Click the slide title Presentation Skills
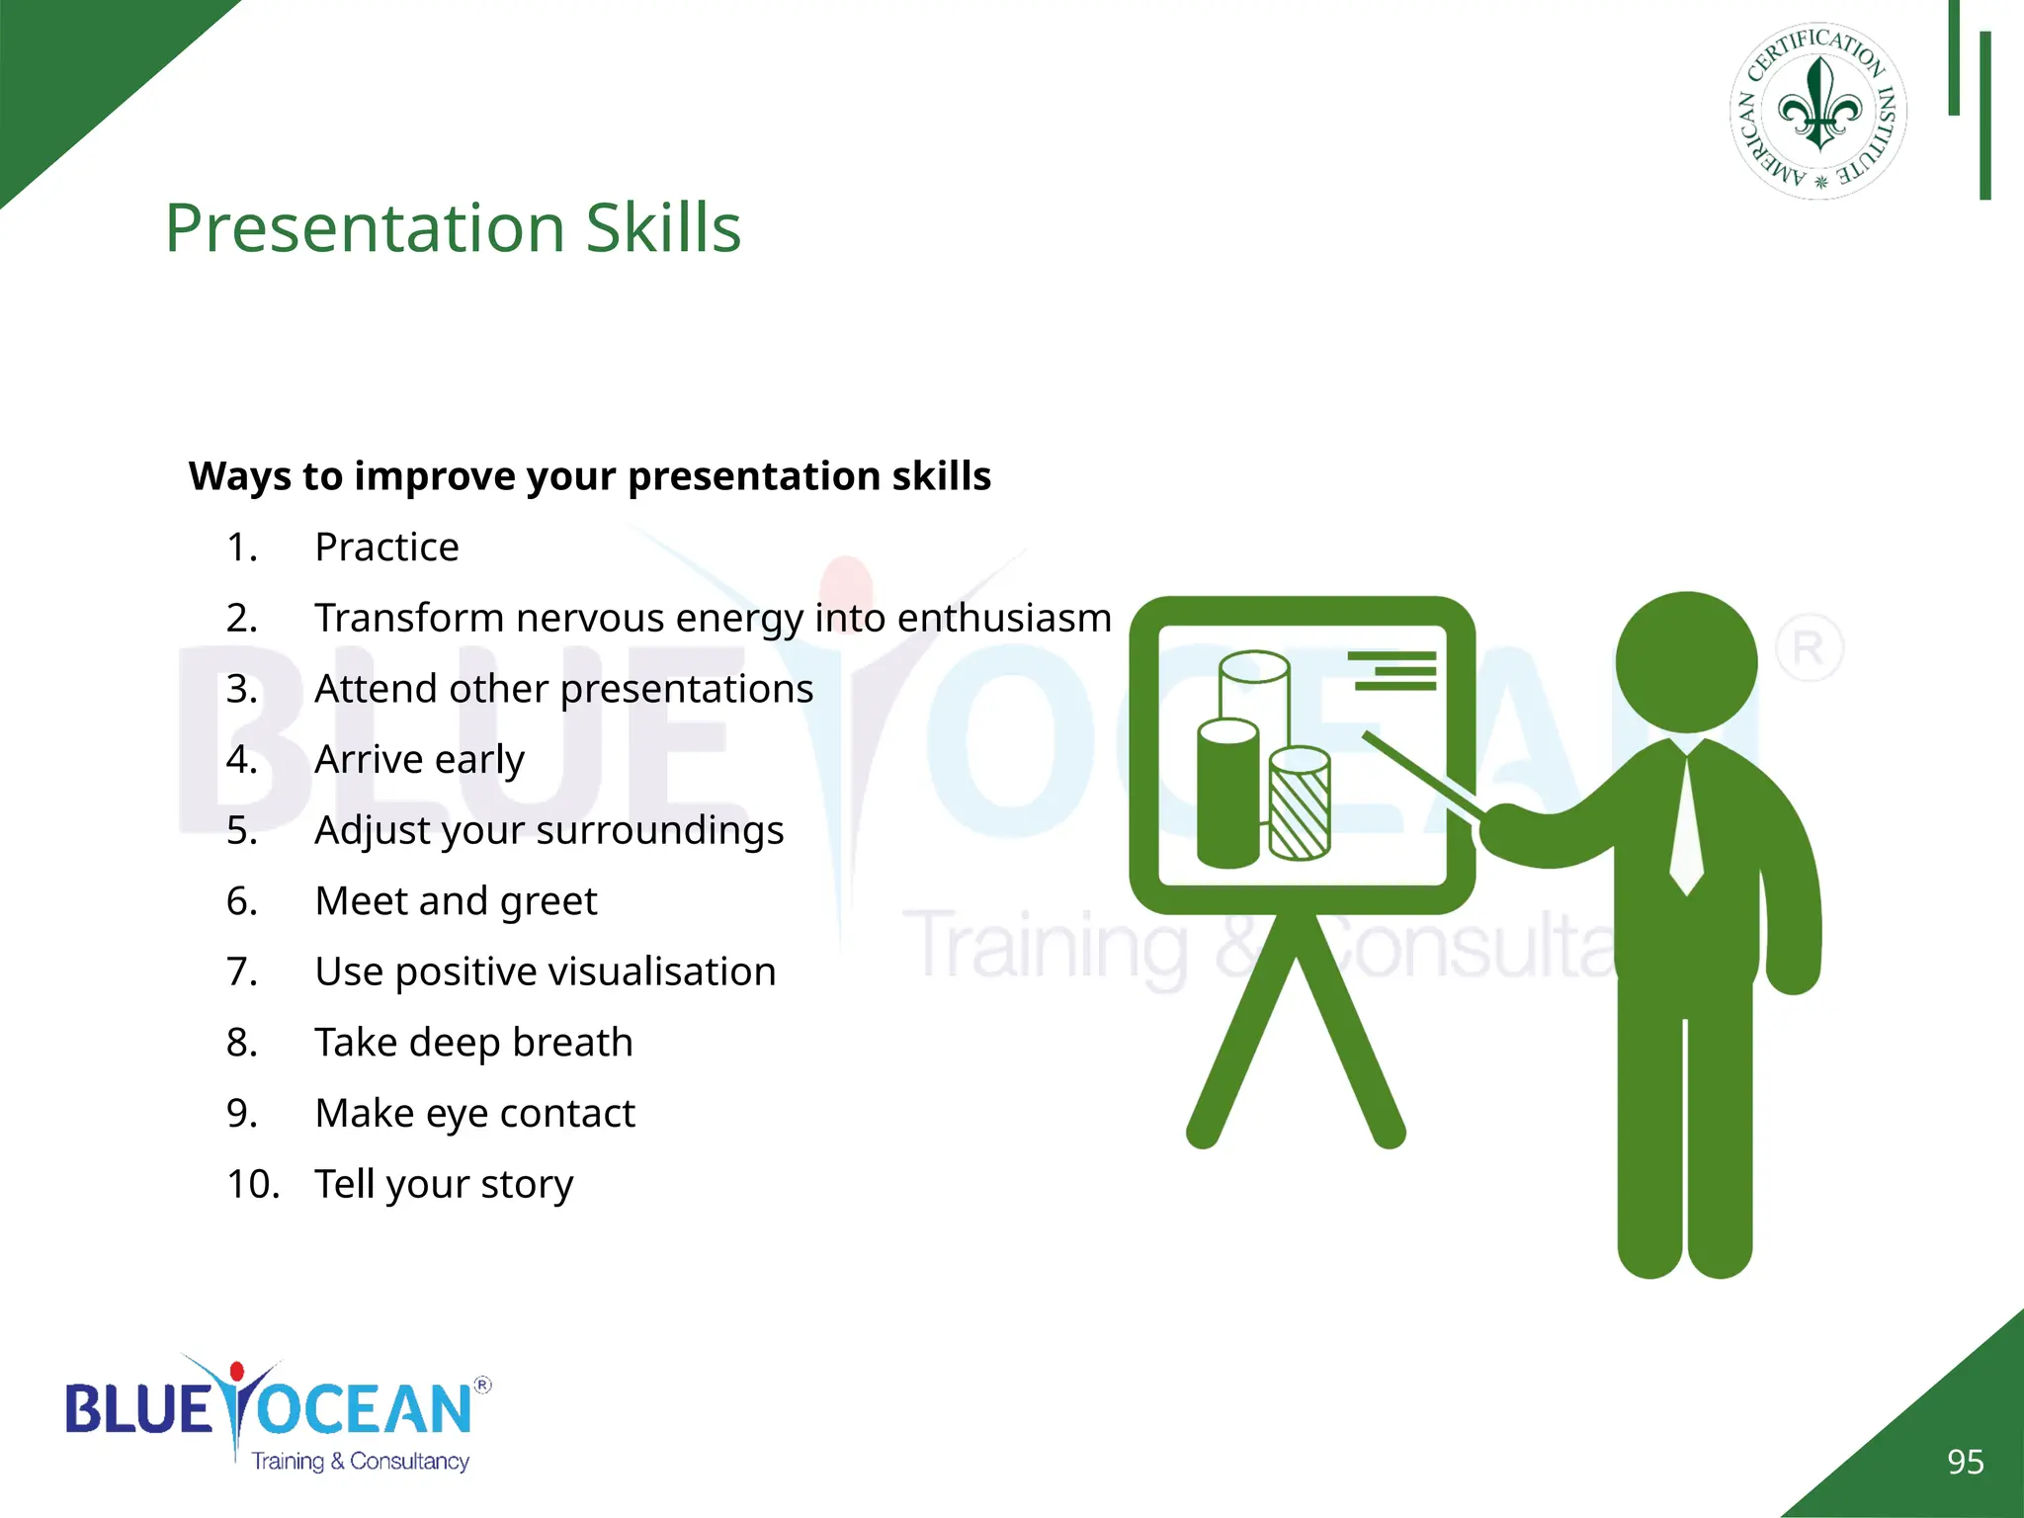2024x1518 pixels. tap(453, 228)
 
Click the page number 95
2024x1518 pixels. tap(1965, 1462)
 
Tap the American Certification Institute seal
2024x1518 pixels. tap(1818, 111)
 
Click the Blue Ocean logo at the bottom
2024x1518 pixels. tap(277, 1413)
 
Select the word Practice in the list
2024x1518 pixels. tap(386, 548)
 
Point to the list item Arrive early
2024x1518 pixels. tap(419, 760)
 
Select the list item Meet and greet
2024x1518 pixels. tap(456, 901)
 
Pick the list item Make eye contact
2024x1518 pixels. tap(474, 1114)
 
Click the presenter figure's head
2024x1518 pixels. tap(1686, 662)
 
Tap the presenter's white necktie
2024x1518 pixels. tap(1686, 830)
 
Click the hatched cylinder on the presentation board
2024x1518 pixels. tap(1300, 805)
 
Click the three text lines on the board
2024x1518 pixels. tap(1393, 670)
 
